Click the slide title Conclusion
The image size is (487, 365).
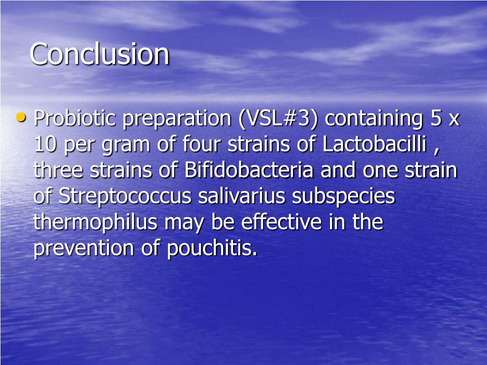pyautogui.click(x=99, y=54)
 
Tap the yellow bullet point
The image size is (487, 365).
pyautogui.click(x=20, y=116)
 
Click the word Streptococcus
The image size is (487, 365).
pyautogui.click(x=125, y=196)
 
